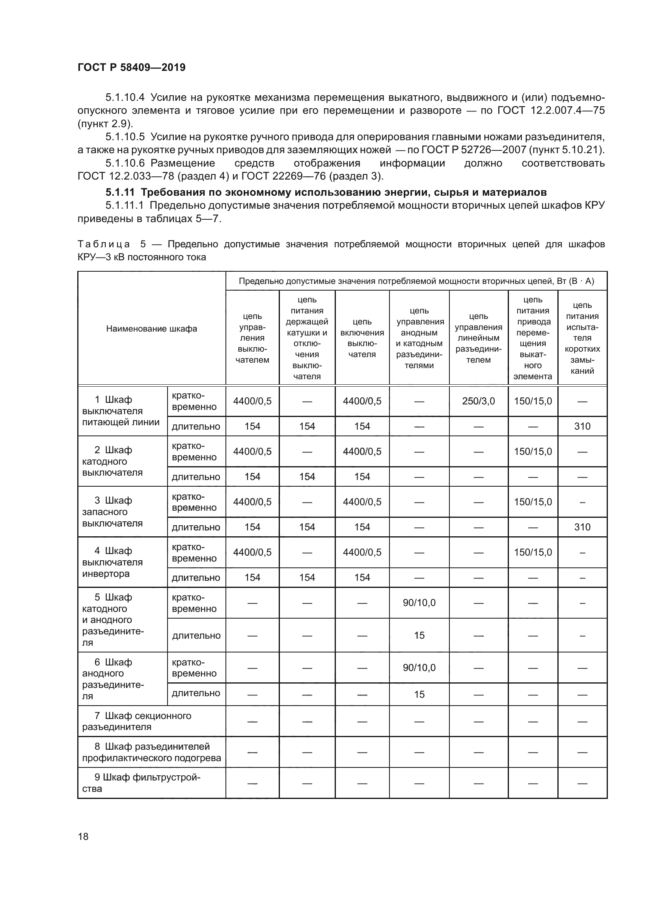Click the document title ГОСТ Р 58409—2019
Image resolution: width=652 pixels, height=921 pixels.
point(131,67)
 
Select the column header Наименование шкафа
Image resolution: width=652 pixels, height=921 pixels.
point(151,329)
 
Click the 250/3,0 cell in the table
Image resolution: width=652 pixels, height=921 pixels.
point(478,401)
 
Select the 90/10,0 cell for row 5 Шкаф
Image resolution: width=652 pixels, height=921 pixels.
point(419,602)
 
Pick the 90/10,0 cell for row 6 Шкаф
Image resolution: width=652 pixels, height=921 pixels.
point(419,667)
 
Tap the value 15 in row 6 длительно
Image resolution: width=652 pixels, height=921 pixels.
point(419,694)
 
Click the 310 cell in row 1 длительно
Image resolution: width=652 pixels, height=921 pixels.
point(582,426)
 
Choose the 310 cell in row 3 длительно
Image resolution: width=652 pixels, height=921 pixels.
point(582,527)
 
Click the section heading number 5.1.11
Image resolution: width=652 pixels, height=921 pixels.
point(120,193)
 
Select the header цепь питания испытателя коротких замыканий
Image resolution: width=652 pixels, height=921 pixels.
point(582,338)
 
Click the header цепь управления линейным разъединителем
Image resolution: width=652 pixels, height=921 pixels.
point(478,338)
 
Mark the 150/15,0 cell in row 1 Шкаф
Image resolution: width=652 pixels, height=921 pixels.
point(533,401)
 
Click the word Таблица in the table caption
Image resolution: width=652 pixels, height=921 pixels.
point(104,244)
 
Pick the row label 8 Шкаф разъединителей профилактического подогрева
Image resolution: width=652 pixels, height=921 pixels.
point(151,752)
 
